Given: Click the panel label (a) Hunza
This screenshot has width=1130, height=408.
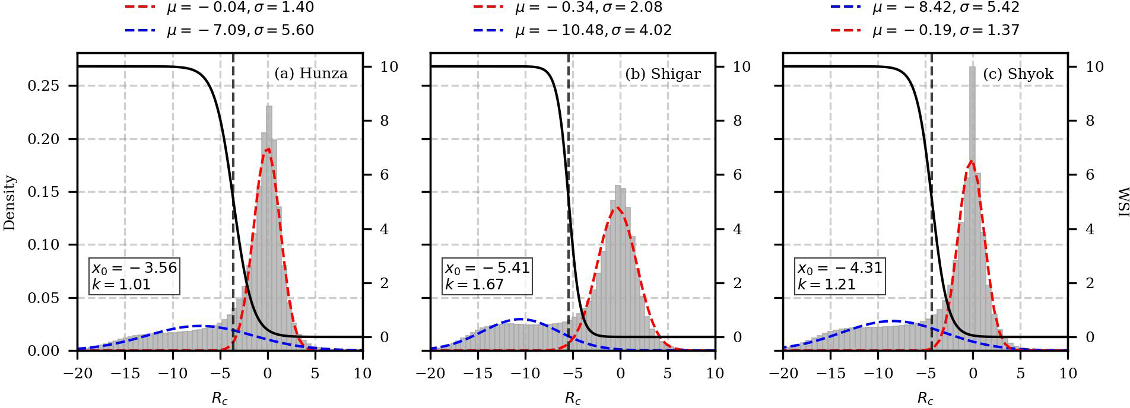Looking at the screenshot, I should pyautogui.click(x=311, y=74).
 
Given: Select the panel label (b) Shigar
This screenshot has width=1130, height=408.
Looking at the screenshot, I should pyautogui.click(x=663, y=74).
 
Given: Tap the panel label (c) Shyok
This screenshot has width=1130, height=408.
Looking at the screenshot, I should pyautogui.click(x=1018, y=74).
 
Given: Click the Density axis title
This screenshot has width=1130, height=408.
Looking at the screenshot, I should pyautogui.click(x=9, y=203).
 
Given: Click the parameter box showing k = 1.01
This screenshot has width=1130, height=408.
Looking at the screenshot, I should pyautogui.click(x=134, y=276).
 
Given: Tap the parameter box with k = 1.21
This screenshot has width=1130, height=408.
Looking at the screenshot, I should pyautogui.click(x=840, y=276).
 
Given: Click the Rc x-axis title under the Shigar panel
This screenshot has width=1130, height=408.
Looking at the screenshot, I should pyautogui.click(x=573, y=399).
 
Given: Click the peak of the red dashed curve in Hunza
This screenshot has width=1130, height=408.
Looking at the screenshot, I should pyautogui.click(x=267, y=149).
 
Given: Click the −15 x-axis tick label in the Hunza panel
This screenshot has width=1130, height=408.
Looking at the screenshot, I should pyautogui.click(x=125, y=374).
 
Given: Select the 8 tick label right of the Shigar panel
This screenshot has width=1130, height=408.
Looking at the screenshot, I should pyautogui.click(x=737, y=121).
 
